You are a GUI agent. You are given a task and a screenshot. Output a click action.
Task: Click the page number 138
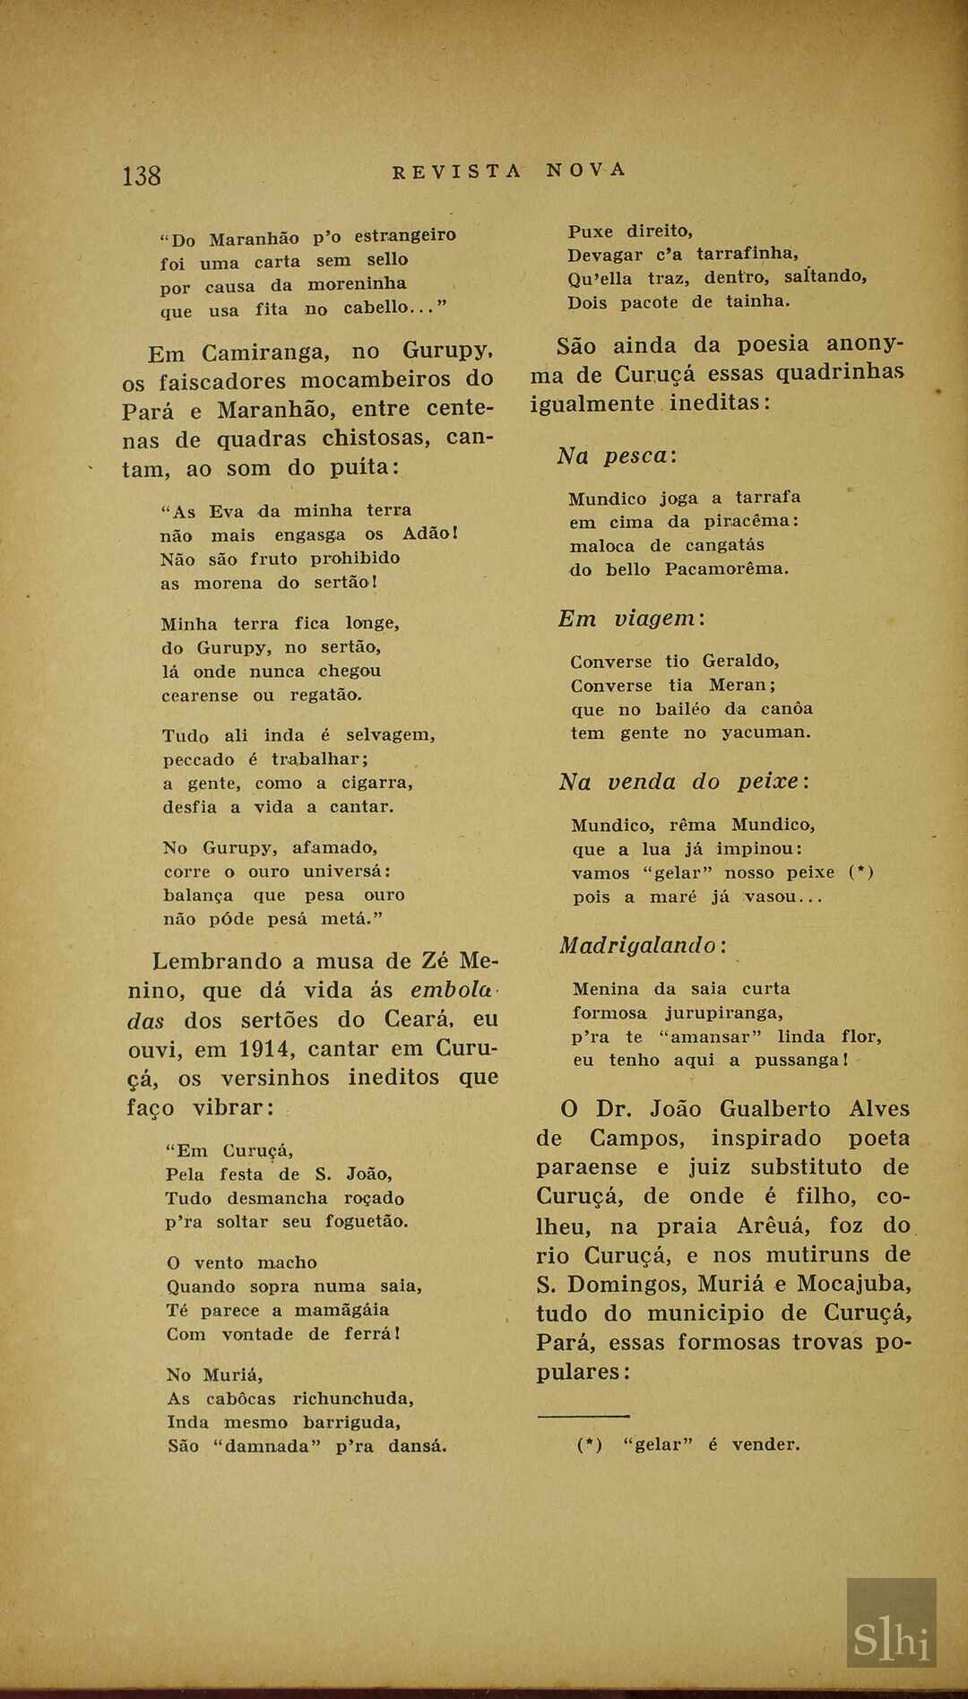(x=142, y=175)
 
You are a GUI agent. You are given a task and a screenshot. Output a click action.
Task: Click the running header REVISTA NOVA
(x=509, y=170)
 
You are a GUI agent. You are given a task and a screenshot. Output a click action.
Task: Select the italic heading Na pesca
(x=617, y=455)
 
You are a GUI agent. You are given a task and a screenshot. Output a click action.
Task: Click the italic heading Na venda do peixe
(x=685, y=782)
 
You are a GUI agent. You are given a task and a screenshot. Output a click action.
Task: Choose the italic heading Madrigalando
(x=644, y=945)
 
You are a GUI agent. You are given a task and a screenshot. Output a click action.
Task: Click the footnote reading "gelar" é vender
(x=688, y=1444)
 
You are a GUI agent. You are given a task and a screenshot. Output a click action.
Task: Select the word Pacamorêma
(x=726, y=568)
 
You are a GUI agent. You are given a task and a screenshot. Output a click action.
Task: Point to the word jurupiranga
(x=723, y=1013)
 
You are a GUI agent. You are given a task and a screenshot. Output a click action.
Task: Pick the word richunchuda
(x=353, y=1398)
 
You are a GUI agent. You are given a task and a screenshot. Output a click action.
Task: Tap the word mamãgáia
(x=342, y=1310)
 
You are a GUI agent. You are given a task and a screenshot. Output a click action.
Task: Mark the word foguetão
(x=366, y=1221)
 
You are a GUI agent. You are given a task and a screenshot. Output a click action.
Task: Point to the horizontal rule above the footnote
(x=583, y=1415)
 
